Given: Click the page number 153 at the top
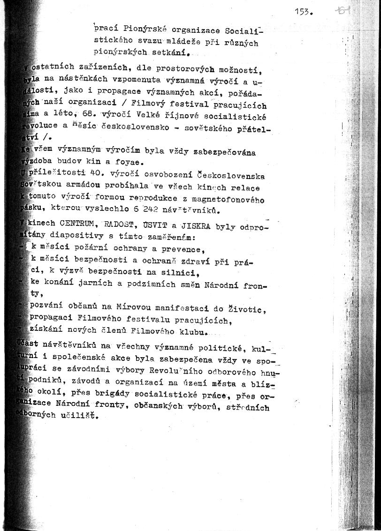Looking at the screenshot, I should point(304,13).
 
